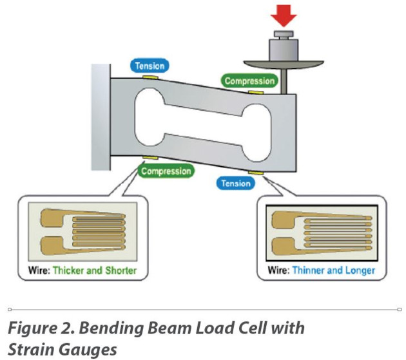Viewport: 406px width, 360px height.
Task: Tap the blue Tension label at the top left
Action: [x=150, y=65]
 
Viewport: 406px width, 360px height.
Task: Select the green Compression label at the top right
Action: [x=249, y=81]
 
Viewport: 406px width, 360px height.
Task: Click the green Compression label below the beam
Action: [x=166, y=171]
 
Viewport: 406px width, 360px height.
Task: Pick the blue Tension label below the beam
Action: [x=236, y=183]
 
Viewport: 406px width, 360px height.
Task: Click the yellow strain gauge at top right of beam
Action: [x=255, y=93]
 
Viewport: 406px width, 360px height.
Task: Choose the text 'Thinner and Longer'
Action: [x=333, y=270]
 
